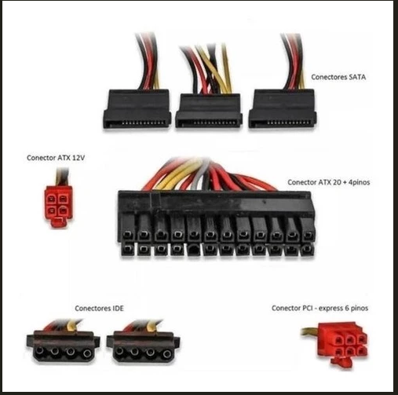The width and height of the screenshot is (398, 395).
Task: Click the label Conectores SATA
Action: pyautogui.click(x=338, y=77)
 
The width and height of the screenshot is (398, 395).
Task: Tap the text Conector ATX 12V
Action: pyautogui.click(x=56, y=158)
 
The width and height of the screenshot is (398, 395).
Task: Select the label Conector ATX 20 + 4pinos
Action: pyautogui.click(x=329, y=182)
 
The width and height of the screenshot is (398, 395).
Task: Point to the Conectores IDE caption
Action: pyautogui.click(x=99, y=308)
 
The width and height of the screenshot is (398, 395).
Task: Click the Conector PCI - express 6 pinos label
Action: pyautogui.click(x=319, y=308)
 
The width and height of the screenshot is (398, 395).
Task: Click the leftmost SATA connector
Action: pyautogui.click(x=137, y=108)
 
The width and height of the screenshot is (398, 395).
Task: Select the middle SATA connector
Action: pyautogui.click(x=209, y=111)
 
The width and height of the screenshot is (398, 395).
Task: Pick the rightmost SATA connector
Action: pyautogui.click(x=282, y=108)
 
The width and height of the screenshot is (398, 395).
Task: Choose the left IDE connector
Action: pyautogui.click(x=63, y=346)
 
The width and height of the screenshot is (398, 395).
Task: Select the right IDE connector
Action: pyautogui.click(x=143, y=346)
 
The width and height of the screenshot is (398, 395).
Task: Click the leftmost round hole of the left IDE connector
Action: pyautogui.click(x=39, y=350)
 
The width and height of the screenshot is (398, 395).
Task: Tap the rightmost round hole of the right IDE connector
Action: pyautogui.click(x=166, y=354)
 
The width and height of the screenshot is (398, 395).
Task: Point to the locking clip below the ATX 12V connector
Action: pyautogui.click(x=59, y=223)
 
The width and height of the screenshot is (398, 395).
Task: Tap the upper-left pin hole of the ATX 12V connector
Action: pyautogui.click(x=52, y=199)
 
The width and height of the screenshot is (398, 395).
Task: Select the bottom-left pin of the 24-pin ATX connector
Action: pyautogui.click(x=127, y=249)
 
